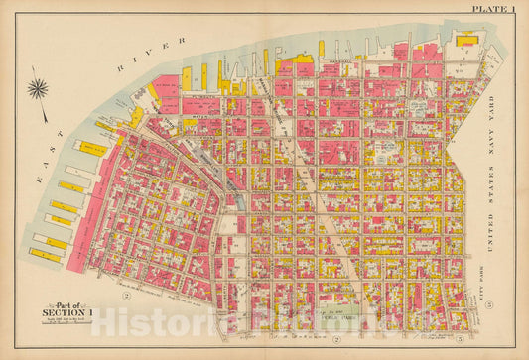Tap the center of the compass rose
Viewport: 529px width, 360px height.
pos(39,89)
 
